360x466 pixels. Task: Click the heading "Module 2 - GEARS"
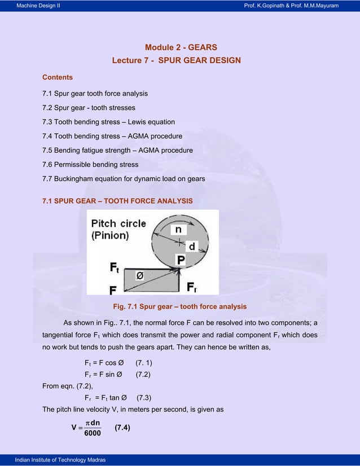click(181, 47)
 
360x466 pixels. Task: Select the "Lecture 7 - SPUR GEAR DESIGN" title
click(176, 60)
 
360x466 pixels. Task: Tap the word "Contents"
click(58, 77)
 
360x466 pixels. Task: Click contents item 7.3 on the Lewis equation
click(108, 122)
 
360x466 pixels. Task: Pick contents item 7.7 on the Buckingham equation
click(124, 179)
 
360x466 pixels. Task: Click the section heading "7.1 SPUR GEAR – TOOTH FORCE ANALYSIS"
click(117, 201)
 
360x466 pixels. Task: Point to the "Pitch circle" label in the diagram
click(118, 223)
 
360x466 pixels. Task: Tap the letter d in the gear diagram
click(192, 247)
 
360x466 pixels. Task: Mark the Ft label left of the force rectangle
click(115, 267)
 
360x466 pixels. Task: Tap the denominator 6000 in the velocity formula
click(89, 433)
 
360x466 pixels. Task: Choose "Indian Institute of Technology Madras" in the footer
click(57, 460)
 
